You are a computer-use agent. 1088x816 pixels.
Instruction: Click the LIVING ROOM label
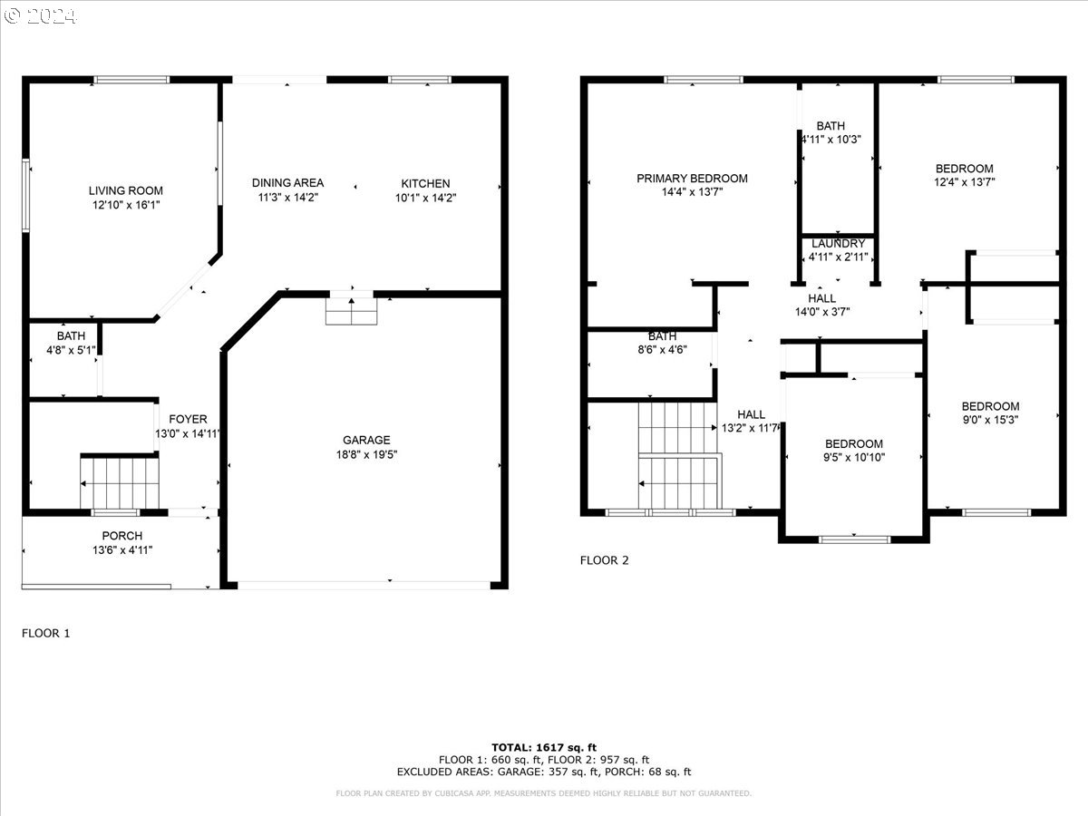coord(125,190)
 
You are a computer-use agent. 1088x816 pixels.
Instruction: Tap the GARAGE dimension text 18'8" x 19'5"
coord(367,454)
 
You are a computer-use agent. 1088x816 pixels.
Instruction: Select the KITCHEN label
coord(425,183)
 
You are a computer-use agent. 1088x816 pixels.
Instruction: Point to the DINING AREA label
coord(287,183)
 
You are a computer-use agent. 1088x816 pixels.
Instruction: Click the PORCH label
coord(121,536)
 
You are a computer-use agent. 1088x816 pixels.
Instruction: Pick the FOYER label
coord(188,419)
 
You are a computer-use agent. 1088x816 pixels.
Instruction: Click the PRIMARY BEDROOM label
coord(692,179)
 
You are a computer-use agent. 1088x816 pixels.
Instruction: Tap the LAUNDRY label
coord(838,244)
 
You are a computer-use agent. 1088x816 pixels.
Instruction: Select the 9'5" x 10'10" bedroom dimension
coord(854,457)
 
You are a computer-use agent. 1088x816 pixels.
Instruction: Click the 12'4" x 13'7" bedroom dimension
coord(964,182)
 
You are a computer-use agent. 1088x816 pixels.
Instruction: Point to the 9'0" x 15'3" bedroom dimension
coord(990,420)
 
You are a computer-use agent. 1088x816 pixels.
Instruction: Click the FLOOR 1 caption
coord(45,633)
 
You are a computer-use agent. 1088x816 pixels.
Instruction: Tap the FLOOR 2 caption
coord(604,560)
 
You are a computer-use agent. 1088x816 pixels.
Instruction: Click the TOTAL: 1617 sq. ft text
coord(544,747)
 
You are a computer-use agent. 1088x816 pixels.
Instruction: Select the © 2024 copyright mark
coord(40,16)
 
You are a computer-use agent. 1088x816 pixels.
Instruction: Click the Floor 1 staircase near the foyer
coord(120,483)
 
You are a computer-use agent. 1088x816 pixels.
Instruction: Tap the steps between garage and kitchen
coord(352,311)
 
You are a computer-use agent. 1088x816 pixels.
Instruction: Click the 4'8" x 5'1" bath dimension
coord(71,350)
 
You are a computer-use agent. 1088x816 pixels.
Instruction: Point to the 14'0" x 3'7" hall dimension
coord(822,312)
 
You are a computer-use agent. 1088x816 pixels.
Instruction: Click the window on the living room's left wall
coord(25,195)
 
